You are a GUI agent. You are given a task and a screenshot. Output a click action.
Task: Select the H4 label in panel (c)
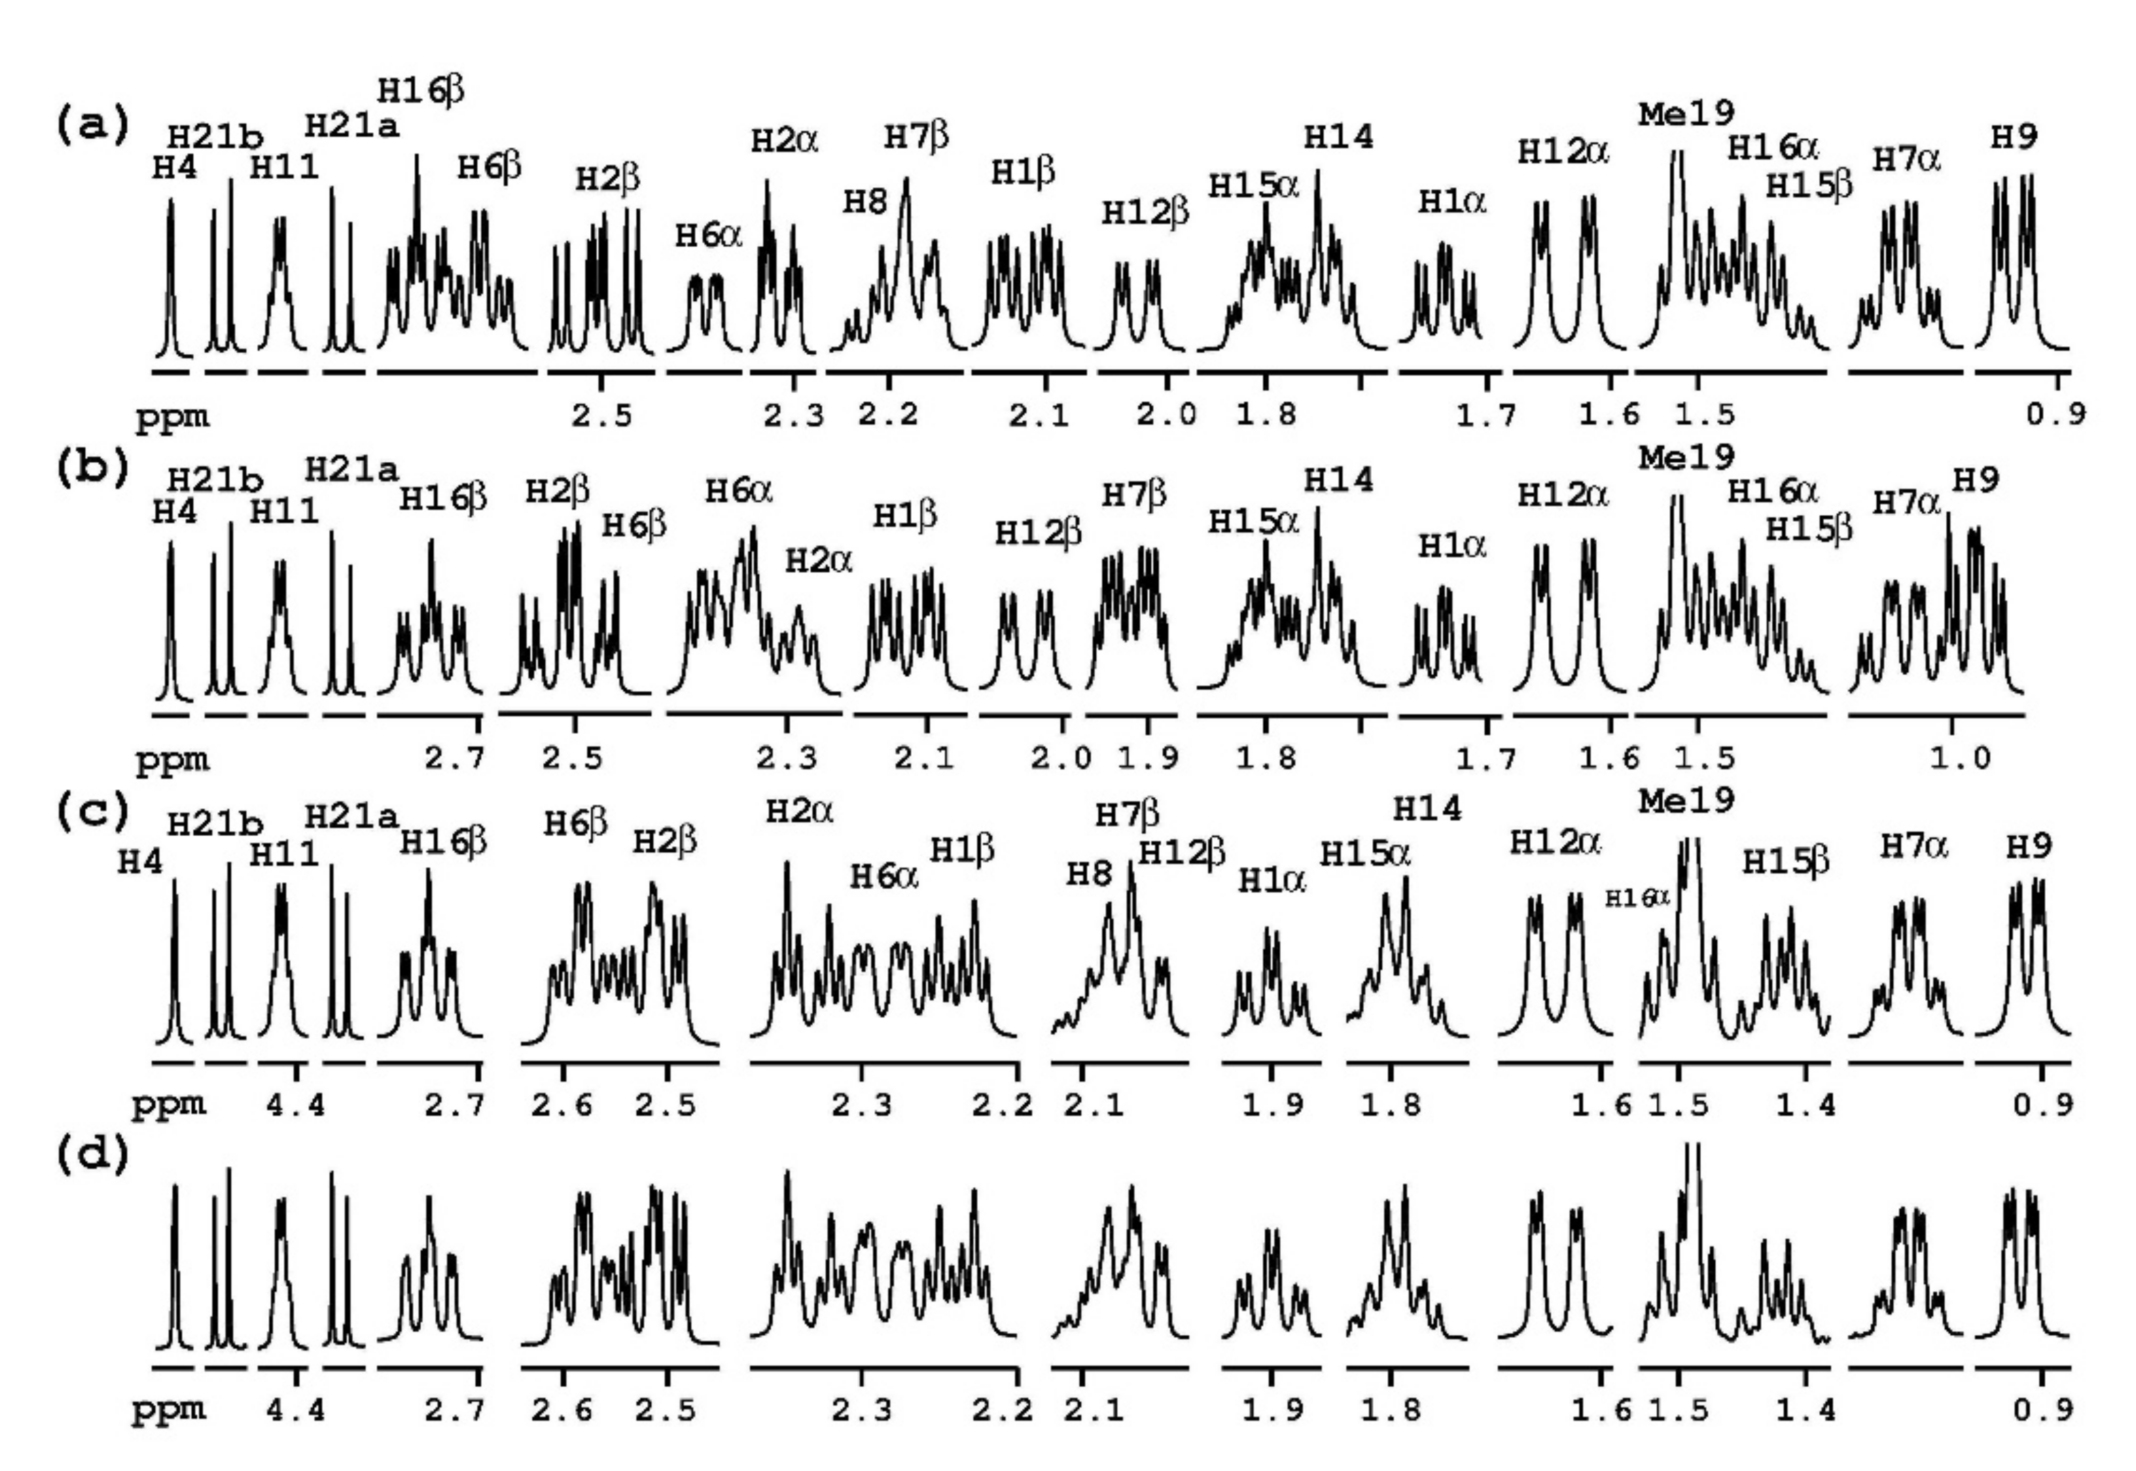[x=140, y=862]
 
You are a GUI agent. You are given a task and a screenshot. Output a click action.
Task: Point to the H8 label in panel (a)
[x=864, y=202]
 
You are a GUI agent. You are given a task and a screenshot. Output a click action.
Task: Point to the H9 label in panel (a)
[x=2013, y=137]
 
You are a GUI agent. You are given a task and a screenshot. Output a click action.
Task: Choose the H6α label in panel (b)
[x=739, y=491]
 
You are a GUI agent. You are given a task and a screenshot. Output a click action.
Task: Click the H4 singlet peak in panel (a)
[x=171, y=277]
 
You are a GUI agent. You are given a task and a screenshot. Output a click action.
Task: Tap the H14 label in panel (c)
[x=1427, y=808]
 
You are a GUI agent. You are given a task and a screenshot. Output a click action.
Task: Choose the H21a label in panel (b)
[x=351, y=470]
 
